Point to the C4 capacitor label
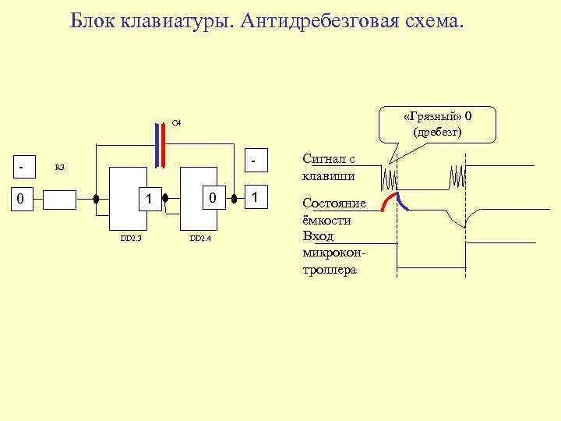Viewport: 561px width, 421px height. click(x=176, y=123)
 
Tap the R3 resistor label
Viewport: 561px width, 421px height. click(x=60, y=167)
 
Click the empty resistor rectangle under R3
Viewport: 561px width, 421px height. click(x=59, y=200)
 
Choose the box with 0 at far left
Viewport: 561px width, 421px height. click(x=23, y=200)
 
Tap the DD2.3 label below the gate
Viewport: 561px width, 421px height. click(x=131, y=238)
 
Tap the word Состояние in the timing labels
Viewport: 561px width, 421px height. click(x=333, y=203)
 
